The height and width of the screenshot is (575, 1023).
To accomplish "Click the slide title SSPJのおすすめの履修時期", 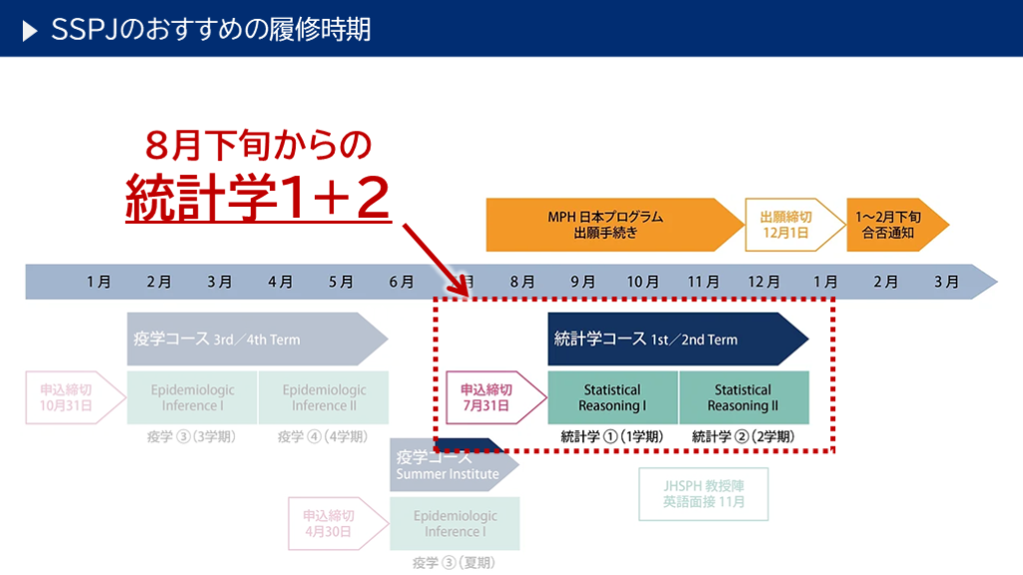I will tap(211, 29).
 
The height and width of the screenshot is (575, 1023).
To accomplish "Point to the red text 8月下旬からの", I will tap(258, 145).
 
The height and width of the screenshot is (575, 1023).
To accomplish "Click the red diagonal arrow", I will tap(437, 259).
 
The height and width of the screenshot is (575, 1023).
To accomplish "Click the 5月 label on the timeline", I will tap(341, 283).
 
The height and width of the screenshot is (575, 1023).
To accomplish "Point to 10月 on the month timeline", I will tap(642, 283).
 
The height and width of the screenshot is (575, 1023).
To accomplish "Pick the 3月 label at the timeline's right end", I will tap(946, 283).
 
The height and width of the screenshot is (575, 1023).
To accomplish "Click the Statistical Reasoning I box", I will tap(612, 397).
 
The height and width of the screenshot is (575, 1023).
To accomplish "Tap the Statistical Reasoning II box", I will tap(743, 397).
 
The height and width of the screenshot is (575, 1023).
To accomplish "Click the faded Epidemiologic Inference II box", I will tap(324, 397).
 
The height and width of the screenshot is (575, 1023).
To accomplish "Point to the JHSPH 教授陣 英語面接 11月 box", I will tap(703, 494).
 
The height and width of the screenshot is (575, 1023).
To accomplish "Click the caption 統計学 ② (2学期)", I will tap(743, 436).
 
